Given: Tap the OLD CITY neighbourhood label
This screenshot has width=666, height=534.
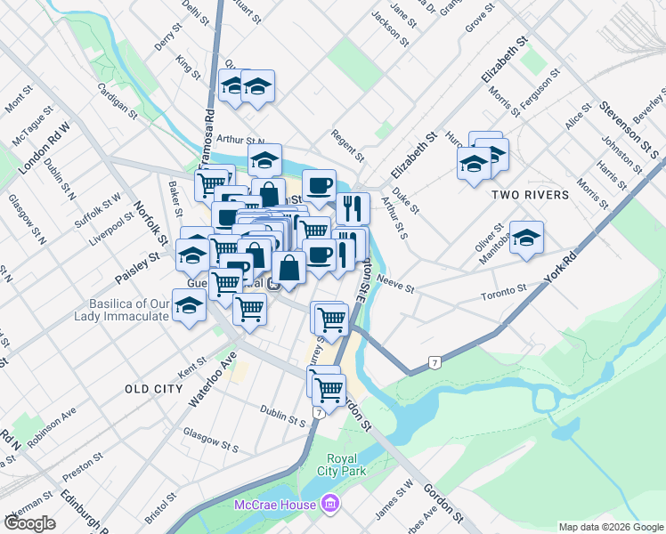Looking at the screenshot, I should (154, 389).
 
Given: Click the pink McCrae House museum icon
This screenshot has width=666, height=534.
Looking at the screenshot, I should (330, 505).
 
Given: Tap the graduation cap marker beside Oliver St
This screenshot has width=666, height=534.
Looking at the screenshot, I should (527, 238).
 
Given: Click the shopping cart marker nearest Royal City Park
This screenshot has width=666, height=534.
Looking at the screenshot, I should (329, 389).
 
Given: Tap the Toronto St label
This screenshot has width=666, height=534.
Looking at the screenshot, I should (504, 291).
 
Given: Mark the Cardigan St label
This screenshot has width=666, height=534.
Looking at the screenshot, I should (118, 102).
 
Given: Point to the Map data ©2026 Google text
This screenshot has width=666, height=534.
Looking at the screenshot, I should (611, 527).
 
